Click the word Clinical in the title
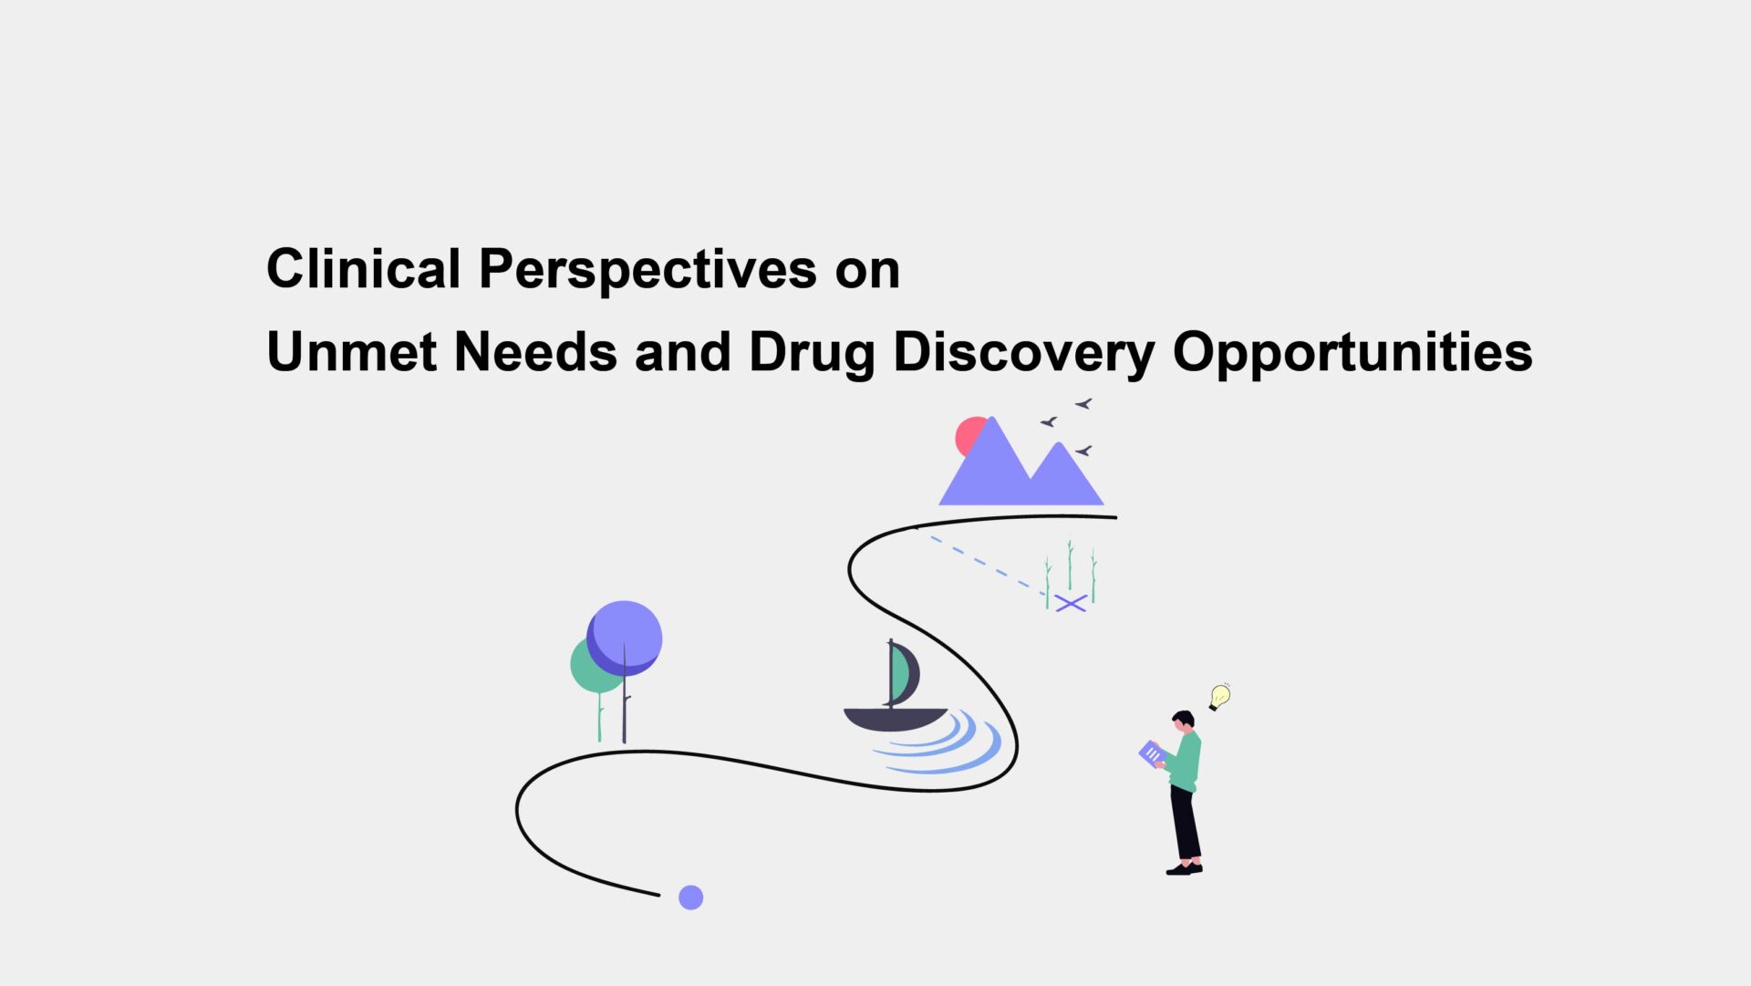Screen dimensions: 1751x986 tap(363, 269)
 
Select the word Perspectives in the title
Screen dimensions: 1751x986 tap(648, 271)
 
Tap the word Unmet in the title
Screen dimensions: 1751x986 tap(351, 351)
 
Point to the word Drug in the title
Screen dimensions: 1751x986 tap(811, 354)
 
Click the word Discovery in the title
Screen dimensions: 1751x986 tap(1023, 354)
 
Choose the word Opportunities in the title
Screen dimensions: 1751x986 tap(1352, 354)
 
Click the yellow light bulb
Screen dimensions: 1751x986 tap(1219, 697)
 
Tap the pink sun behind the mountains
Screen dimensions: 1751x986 tap(969, 435)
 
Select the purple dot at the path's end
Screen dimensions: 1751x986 tap(691, 898)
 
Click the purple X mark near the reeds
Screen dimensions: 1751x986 tap(1072, 603)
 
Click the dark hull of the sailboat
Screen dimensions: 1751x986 tap(895, 719)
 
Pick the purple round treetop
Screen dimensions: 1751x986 tap(626, 637)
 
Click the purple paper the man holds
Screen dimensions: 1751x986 tap(1152, 753)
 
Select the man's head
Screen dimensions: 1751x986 tap(1184, 721)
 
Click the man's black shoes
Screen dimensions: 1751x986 tap(1185, 868)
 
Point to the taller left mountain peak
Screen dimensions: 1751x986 tap(991, 420)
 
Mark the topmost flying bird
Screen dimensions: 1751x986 tap(1083, 403)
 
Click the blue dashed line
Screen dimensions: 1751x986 tap(988, 566)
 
